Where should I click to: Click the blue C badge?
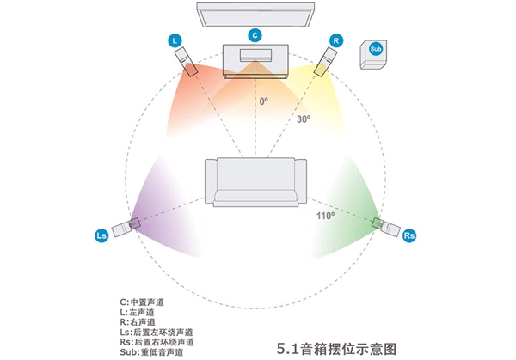click(x=255, y=35)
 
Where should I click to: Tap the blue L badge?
click(x=175, y=40)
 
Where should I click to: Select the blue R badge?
click(x=336, y=40)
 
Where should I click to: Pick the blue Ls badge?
click(x=101, y=235)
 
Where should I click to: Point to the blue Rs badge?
click(x=409, y=235)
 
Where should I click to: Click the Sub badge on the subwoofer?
click(x=376, y=49)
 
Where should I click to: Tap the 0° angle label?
click(x=264, y=101)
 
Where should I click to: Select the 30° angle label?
click(x=304, y=119)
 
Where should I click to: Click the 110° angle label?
click(x=325, y=216)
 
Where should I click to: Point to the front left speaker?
click(x=186, y=62)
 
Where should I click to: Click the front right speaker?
click(x=325, y=62)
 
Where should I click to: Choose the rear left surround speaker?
click(x=126, y=227)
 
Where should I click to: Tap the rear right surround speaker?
click(x=386, y=227)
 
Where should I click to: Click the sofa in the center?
click(x=255, y=182)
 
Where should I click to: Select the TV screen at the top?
click(x=255, y=15)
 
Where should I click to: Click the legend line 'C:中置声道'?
click(x=142, y=302)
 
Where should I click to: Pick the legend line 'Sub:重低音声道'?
click(x=151, y=352)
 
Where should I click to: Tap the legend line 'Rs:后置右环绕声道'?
click(x=157, y=342)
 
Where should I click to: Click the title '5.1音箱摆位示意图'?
click(x=336, y=349)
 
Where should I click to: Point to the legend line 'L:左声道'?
click(x=137, y=312)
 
